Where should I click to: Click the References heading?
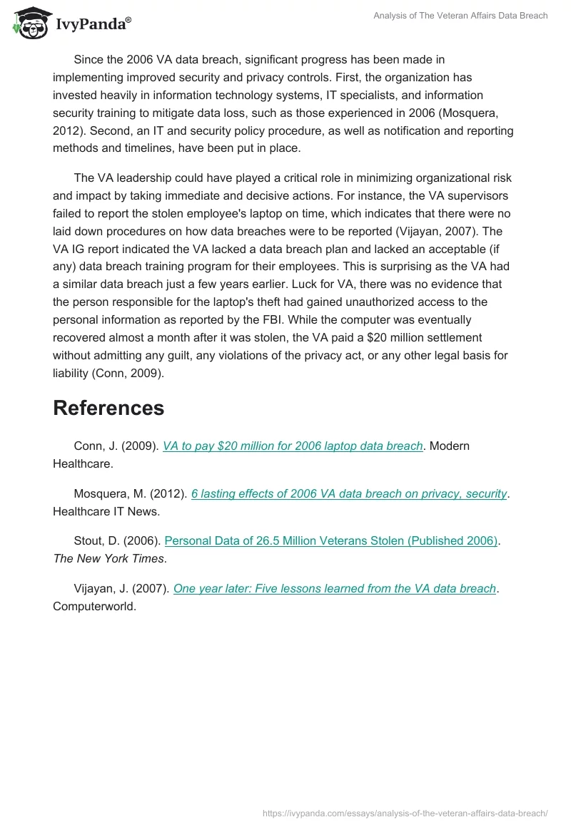coord(108,408)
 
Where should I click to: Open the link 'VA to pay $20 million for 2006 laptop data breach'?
coord(293,446)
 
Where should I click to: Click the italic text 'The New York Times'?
coord(108,558)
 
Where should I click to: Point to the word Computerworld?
coord(94,606)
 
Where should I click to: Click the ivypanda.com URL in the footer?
coord(405,812)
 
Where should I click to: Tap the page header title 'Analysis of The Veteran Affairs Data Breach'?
coord(460,16)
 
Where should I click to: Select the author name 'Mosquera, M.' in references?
coord(107,493)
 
